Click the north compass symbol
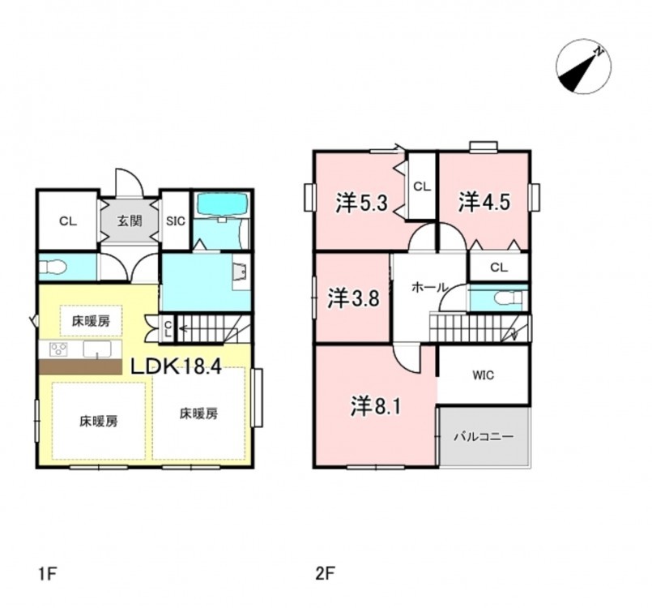(584, 66)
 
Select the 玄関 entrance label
(130, 221)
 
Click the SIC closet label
(176, 221)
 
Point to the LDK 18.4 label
(176, 366)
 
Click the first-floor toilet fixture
(53, 268)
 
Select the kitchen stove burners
(58, 349)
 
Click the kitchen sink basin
(97, 349)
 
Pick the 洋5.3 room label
(362, 203)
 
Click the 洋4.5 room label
(484, 202)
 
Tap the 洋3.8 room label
(353, 298)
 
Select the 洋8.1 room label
(376, 406)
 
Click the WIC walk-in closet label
(484, 375)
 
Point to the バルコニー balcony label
(484, 437)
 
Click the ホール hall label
(429, 287)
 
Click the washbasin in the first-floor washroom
(240, 272)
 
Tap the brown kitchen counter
(80, 366)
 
